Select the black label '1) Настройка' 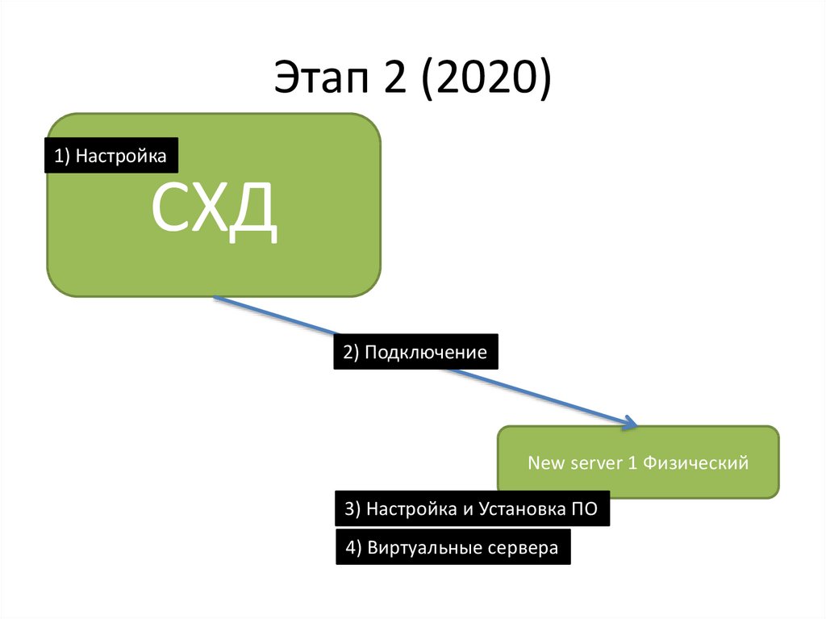111,156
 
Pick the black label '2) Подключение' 415,352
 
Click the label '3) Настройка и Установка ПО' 472,508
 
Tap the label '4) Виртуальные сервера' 453,548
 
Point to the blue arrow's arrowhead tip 636,425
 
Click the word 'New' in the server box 544,463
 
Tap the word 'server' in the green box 597,463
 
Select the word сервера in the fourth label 522,548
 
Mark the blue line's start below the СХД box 215,298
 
